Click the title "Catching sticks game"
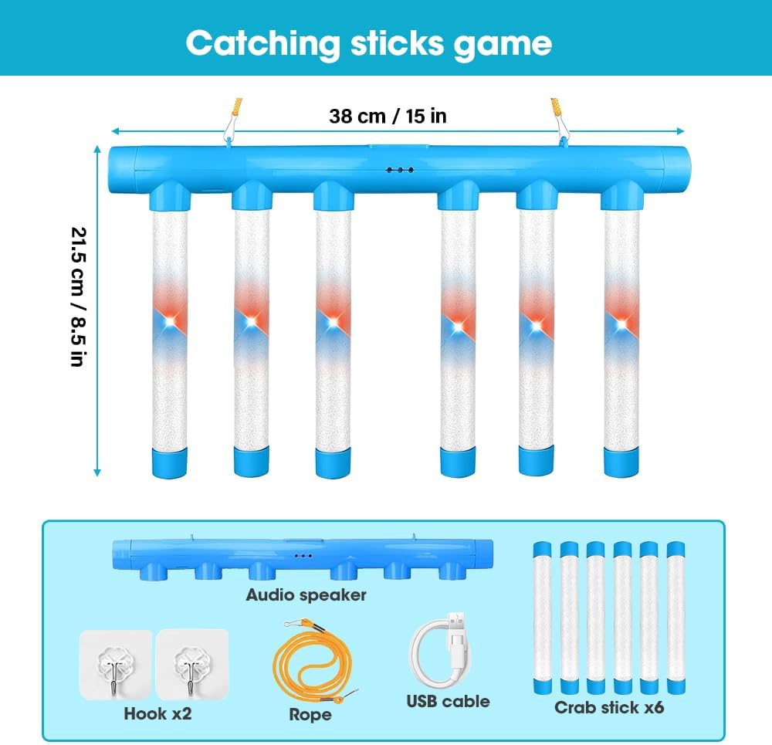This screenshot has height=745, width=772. point(368,43)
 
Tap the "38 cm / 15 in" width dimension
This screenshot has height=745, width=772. point(388,116)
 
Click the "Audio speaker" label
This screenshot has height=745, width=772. point(306,594)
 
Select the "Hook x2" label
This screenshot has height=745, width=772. point(157,713)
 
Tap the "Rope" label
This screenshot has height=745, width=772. point(310,715)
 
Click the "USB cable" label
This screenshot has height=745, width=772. point(448,701)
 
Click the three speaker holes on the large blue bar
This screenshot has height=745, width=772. point(400,169)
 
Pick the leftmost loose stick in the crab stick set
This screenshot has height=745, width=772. point(543,615)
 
